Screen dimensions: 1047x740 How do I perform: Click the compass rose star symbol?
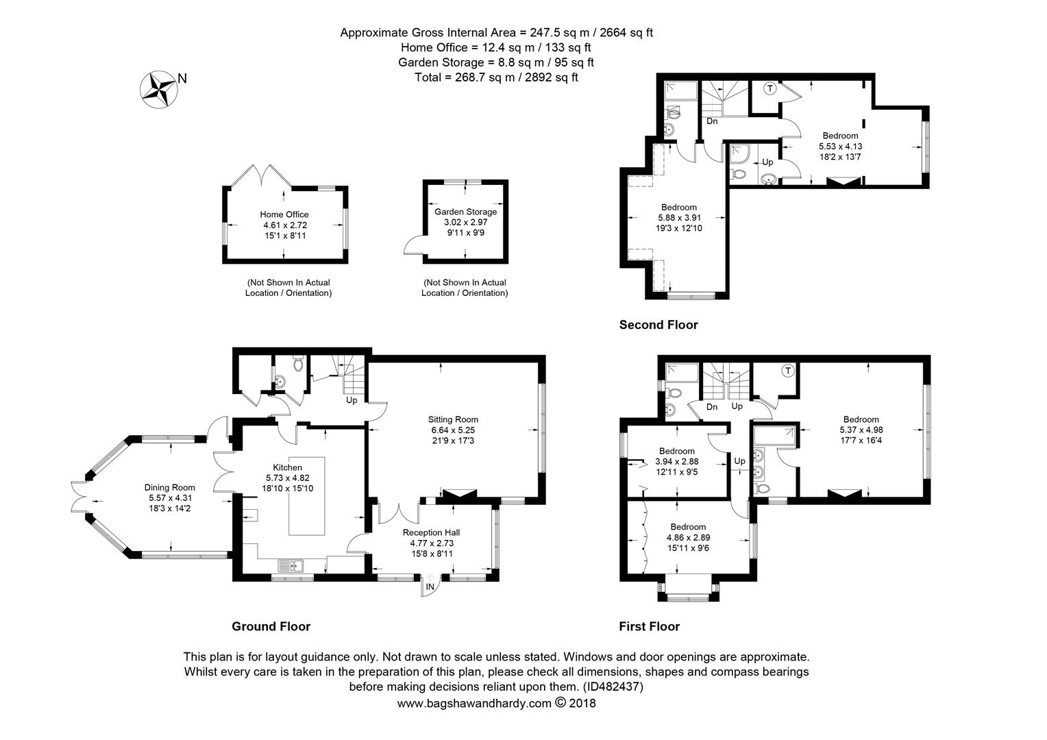tap(159, 90)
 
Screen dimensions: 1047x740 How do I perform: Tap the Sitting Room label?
tap(453, 419)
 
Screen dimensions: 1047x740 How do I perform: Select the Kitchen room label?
tap(288, 467)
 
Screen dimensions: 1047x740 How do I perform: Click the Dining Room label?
tap(170, 488)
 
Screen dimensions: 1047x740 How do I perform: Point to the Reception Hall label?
tap(432, 532)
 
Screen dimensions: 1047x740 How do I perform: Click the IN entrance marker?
tap(430, 587)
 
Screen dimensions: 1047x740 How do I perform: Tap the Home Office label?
tap(284, 214)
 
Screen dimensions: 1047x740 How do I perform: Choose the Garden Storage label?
tap(465, 212)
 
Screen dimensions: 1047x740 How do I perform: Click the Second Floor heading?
tap(658, 325)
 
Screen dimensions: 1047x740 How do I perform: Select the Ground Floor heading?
tap(271, 626)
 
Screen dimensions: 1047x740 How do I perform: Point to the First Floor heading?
tap(649, 626)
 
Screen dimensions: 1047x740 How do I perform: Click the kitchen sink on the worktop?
tap(291, 566)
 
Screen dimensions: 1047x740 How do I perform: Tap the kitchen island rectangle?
tap(306, 496)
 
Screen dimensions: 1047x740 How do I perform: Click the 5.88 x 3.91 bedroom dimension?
tap(679, 217)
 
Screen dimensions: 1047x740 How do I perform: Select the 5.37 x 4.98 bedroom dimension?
tap(861, 430)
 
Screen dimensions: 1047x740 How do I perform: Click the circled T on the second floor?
tap(769, 88)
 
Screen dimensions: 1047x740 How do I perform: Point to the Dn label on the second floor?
tap(712, 121)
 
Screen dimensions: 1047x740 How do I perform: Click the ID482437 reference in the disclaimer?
tap(613, 687)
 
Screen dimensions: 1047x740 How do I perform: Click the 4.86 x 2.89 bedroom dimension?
tap(688, 538)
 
